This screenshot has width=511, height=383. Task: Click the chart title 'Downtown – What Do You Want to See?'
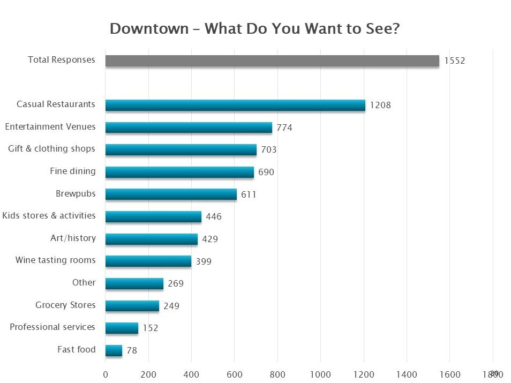(254, 28)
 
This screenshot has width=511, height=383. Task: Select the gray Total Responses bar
(272, 61)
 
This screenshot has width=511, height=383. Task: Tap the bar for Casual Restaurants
(235, 105)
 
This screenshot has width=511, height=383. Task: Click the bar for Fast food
(114, 350)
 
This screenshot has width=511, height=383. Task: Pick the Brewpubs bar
(171, 194)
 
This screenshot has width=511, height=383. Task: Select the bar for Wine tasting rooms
(148, 261)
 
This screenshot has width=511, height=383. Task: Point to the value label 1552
(454, 61)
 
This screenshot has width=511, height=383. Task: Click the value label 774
(284, 127)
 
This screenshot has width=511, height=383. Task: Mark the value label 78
(131, 351)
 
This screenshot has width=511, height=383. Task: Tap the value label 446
(213, 217)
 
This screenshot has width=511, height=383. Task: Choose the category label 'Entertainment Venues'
(50, 127)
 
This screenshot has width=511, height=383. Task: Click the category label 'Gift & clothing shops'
(51, 149)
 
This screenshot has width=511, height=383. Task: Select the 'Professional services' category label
(52, 327)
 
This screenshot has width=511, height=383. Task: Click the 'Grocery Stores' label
(65, 305)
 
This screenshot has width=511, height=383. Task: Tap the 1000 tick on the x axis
(320, 374)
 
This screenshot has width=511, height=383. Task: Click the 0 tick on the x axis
(106, 374)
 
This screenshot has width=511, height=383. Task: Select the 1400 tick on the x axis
(407, 374)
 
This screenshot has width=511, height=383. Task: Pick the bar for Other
(134, 283)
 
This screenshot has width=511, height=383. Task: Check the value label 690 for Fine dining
(266, 172)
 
